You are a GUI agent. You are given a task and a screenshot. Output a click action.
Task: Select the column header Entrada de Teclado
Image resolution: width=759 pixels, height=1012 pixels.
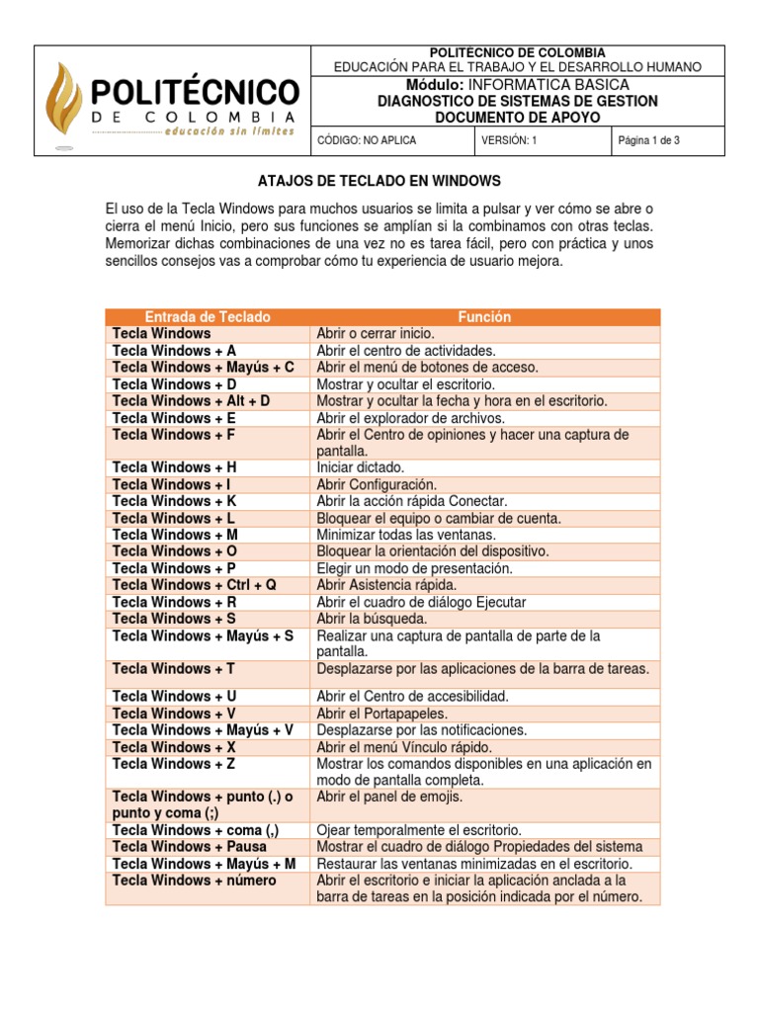tap(208, 317)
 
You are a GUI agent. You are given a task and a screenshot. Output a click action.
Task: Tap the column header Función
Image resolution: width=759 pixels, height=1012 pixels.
tap(484, 317)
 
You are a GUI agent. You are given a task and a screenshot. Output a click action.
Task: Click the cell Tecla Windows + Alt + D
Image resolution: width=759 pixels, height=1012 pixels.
tap(191, 401)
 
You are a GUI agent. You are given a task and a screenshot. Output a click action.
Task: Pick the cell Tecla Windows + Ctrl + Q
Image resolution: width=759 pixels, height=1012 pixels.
tap(195, 585)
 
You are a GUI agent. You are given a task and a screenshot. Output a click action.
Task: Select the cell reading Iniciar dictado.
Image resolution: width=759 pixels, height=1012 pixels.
tap(361, 467)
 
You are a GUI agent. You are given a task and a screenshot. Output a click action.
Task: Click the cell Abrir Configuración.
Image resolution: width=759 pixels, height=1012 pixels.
tap(376, 484)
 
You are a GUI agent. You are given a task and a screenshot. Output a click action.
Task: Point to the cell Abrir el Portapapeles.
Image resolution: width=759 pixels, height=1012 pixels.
tap(381, 713)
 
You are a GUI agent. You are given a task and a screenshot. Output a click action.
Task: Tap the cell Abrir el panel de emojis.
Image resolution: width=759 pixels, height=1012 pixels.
tap(388, 797)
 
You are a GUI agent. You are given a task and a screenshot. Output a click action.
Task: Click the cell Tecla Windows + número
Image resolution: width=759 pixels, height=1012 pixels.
tap(195, 881)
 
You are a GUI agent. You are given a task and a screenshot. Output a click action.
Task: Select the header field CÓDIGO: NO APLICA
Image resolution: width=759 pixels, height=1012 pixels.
tap(367, 140)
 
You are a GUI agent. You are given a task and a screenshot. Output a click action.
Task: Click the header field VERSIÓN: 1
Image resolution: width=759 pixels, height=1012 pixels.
tap(509, 140)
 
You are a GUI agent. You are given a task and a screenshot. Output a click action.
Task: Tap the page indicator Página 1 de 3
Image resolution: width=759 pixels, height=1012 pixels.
tap(648, 140)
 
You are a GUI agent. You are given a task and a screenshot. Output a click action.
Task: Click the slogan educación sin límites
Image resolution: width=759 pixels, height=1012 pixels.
tap(229, 131)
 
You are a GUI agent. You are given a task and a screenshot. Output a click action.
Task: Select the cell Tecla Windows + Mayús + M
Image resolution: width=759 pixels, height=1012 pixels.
tap(205, 864)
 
